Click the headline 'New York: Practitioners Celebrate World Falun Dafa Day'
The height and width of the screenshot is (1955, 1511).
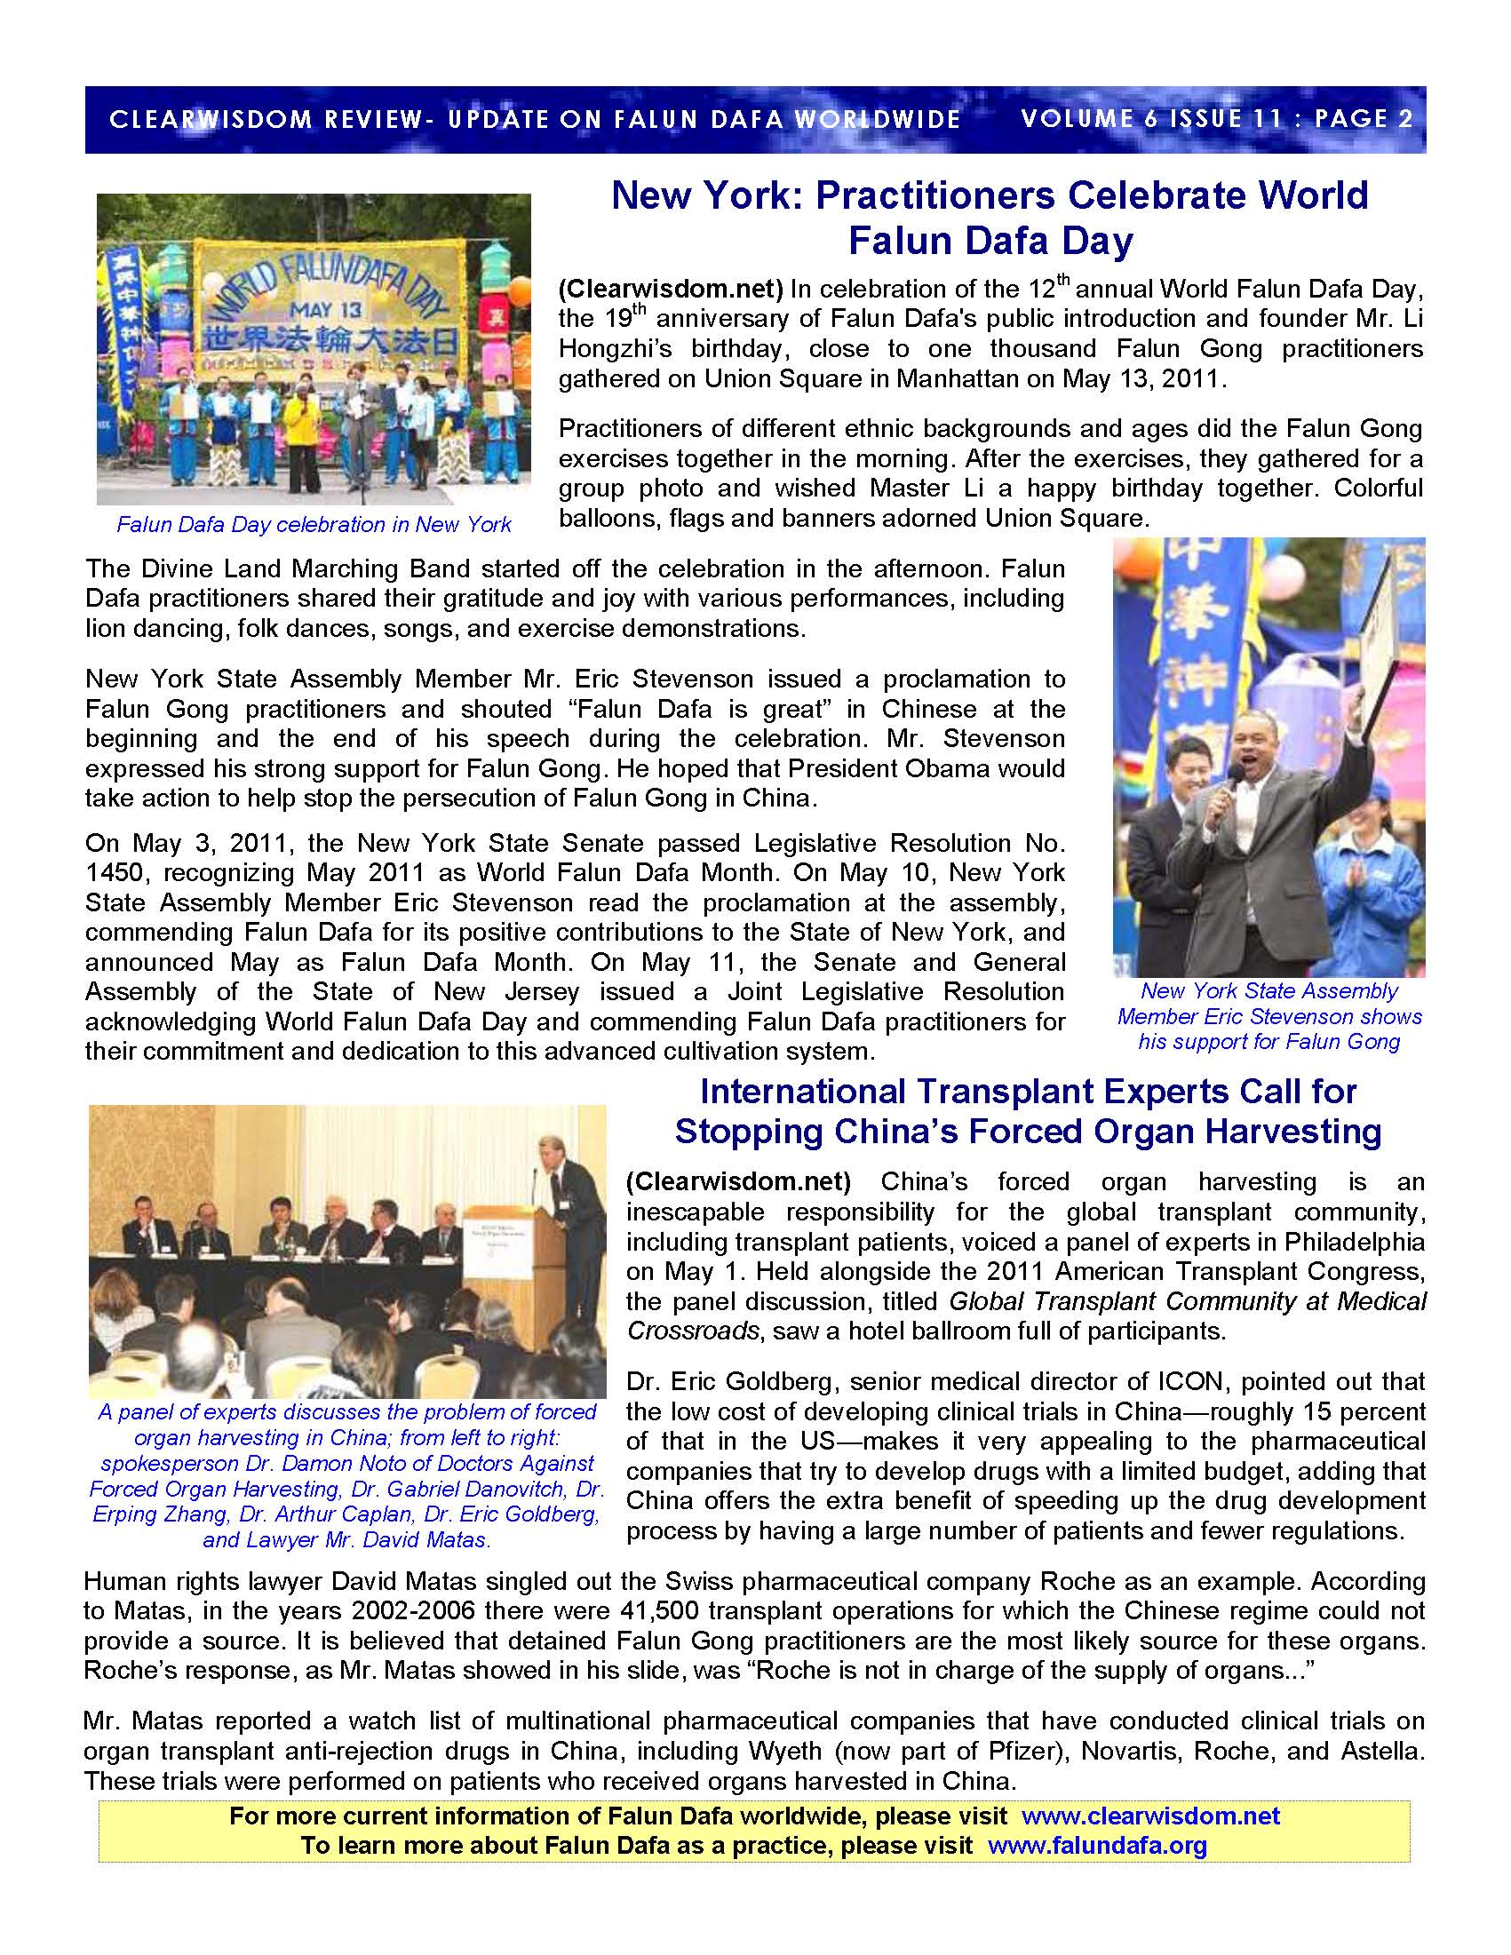990,218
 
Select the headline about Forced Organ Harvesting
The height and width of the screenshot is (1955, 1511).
1028,1112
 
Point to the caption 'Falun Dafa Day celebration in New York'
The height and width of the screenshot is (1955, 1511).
314,525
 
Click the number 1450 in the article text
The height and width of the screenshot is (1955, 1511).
115,873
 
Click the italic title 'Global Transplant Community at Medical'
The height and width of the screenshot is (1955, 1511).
1187,1301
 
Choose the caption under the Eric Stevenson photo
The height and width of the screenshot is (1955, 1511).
1268,1016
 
